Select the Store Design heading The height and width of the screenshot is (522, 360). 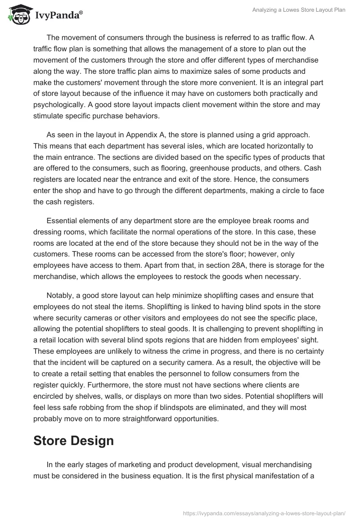(x=73, y=441)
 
